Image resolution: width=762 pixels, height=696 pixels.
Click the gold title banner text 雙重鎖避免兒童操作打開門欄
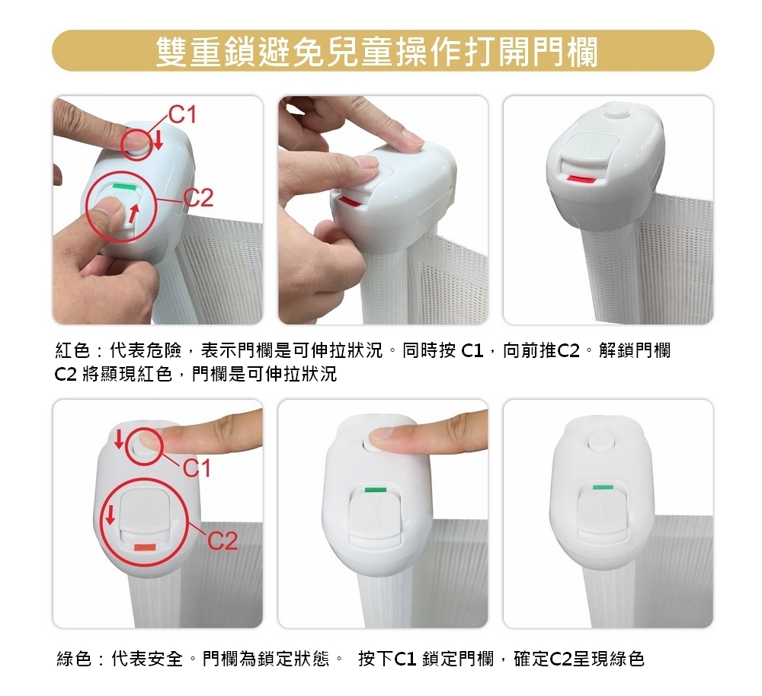[x=376, y=52]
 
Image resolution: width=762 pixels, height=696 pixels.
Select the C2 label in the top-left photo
[x=198, y=198]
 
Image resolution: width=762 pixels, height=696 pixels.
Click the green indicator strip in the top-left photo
[x=124, y=186]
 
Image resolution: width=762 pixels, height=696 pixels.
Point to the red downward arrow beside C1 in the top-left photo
[x=158, y=141]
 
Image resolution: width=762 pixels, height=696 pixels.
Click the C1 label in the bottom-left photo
[x=197, y=468]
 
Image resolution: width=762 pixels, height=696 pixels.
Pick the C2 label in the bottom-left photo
[x=223, y=541]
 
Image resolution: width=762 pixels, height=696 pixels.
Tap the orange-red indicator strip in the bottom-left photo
[x=145, y=548]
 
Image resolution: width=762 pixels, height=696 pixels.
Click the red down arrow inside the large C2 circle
[x=110, y=515]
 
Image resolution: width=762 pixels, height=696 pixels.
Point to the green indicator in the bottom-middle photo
[x=375, y=490]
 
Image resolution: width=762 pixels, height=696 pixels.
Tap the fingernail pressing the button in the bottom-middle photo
[x=382, y=435]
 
